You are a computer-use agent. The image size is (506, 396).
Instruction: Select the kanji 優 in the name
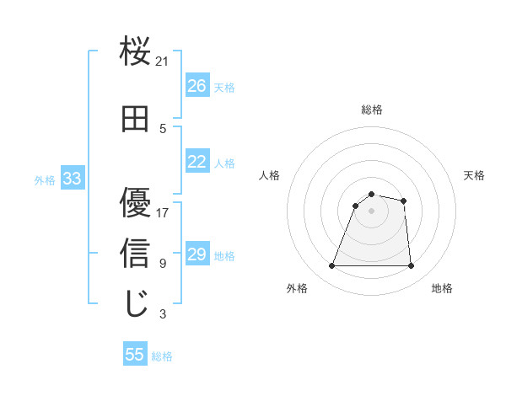tap(135, 202)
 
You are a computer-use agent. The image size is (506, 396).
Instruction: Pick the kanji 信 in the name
tap(135, 253)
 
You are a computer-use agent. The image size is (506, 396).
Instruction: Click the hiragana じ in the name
tap(135, 304)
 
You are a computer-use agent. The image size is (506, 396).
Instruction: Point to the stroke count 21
tap(163, 61)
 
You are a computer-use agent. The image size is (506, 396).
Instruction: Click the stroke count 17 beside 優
tap(163, 212)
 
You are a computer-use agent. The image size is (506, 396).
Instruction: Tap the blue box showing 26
tap(196, 86)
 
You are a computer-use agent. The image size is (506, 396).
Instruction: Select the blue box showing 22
tap(196, 162)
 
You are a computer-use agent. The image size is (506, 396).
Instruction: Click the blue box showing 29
tap(196, 254)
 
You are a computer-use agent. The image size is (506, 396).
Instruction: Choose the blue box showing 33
tap(72, 179)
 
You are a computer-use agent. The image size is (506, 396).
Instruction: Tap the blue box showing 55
tap(135, 355)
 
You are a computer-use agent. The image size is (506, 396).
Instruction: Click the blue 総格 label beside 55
tap(162, 356)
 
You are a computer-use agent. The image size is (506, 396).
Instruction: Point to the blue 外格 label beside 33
tap(45, 179)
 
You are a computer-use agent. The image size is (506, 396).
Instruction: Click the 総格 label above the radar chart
tap(371, 110)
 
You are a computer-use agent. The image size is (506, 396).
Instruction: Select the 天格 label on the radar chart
tap(474, 175)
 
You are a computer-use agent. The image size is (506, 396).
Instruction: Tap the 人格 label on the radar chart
tap(269, 175)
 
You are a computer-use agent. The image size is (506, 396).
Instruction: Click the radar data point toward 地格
tap(411, 266)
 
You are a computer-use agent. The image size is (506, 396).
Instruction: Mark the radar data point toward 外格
tap(331, 266)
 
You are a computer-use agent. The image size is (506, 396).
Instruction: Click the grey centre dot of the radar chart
tap(371, 211)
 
